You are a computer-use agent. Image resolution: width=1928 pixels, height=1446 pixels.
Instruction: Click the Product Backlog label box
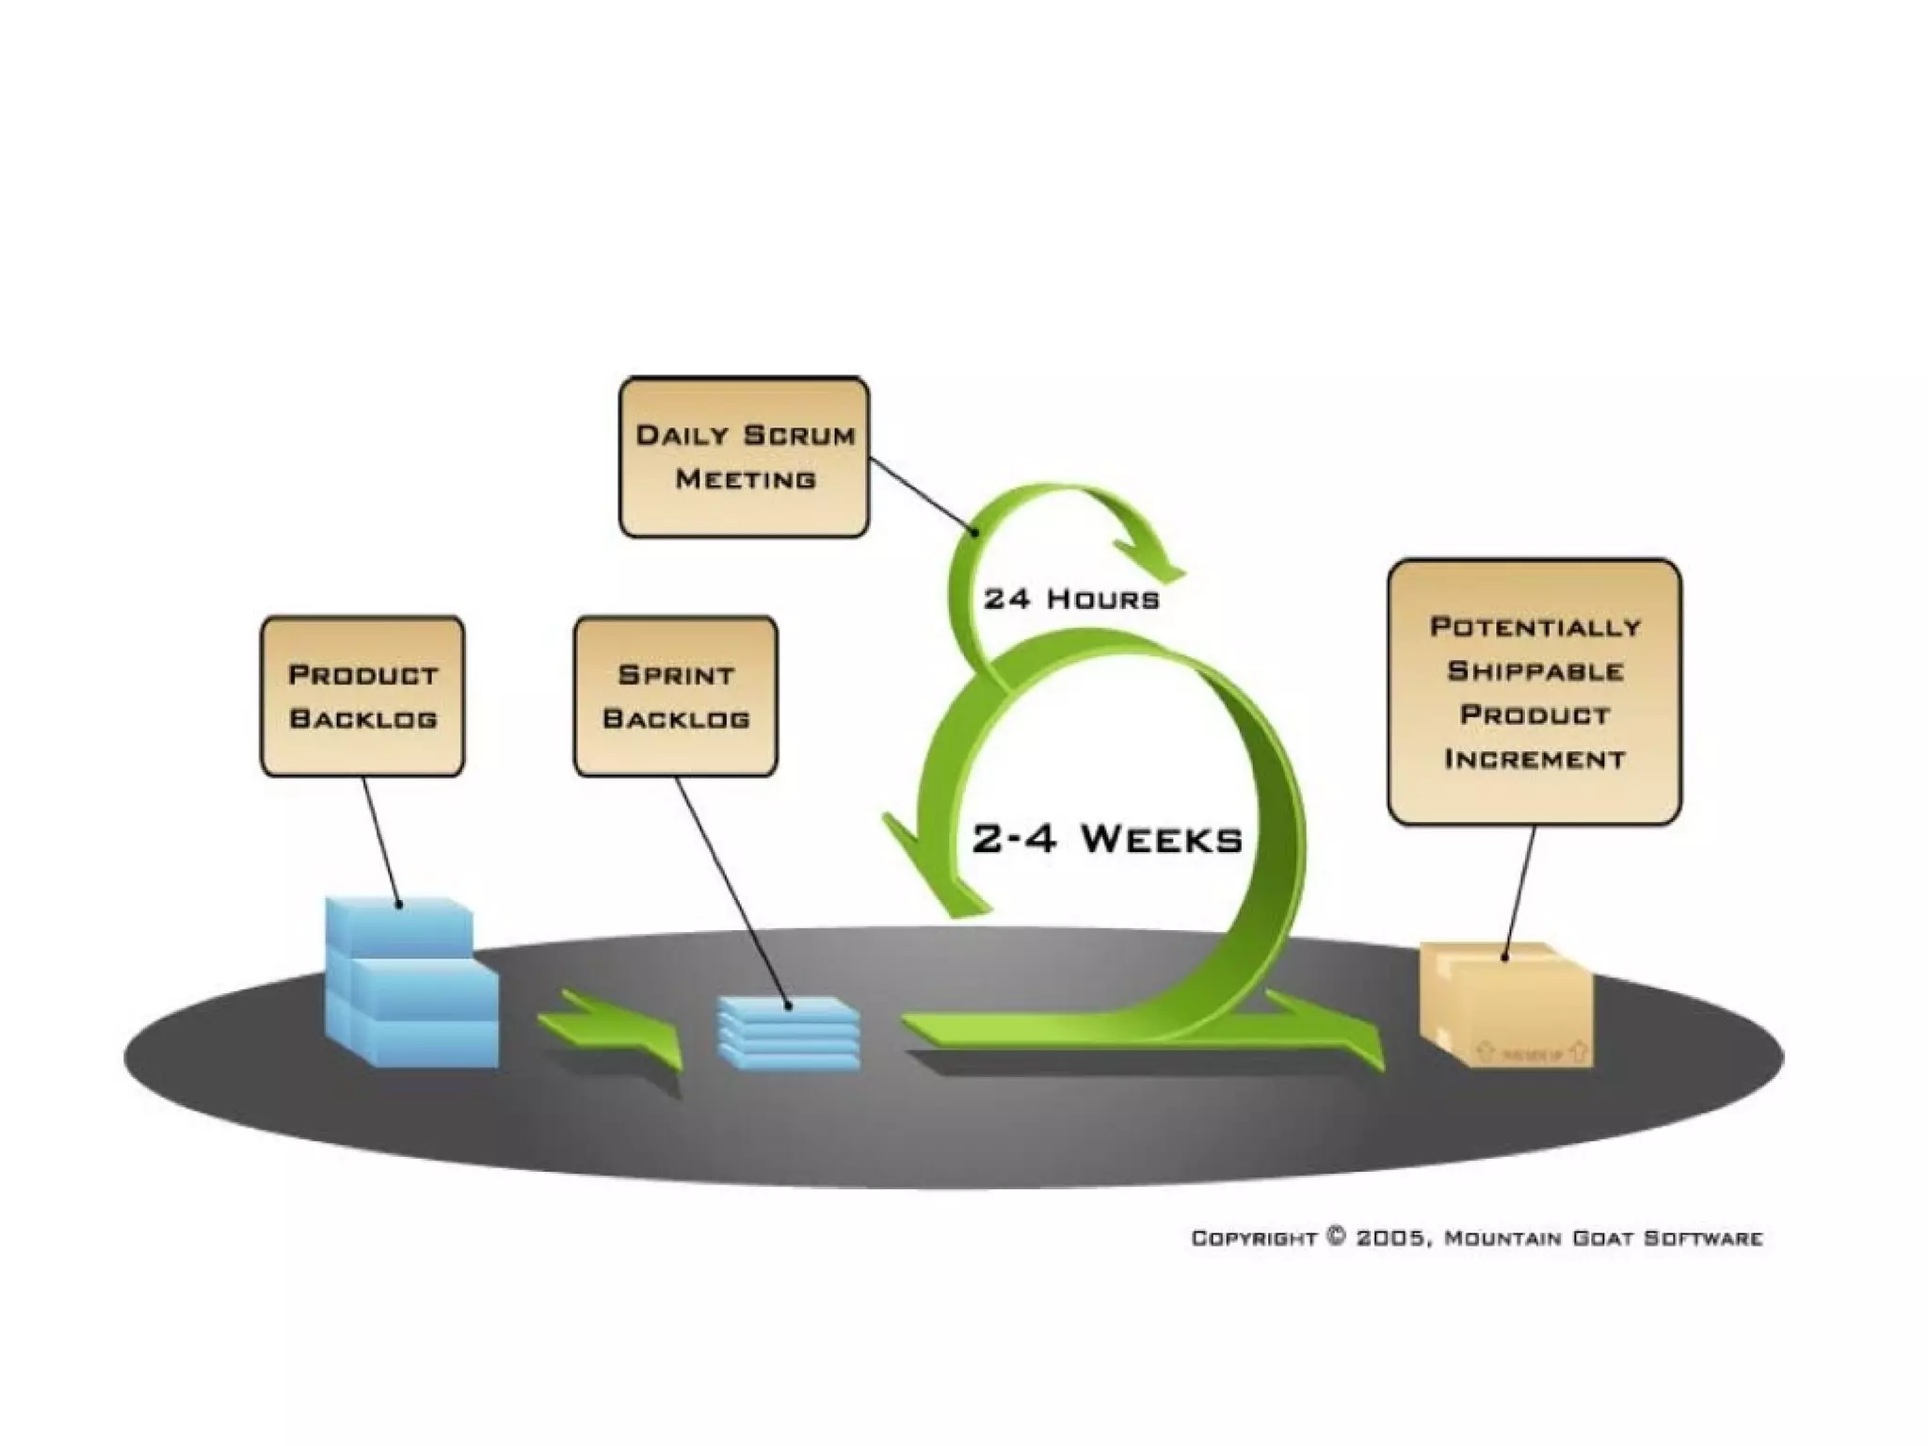(x=362, y=697)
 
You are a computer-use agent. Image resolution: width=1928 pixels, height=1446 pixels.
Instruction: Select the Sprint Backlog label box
(x=676, y=697)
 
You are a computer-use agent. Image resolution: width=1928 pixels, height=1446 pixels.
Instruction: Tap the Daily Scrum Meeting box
(x=744, y=458)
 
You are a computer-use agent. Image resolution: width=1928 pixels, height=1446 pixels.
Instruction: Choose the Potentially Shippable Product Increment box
(x=1534, y=693)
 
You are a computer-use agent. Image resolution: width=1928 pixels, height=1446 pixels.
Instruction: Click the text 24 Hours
(x=1071, y=599)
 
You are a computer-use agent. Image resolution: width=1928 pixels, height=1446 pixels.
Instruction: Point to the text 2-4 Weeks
(x=1107, y=838)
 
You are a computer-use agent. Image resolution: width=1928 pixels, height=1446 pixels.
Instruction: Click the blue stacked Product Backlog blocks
(x=410, y=984)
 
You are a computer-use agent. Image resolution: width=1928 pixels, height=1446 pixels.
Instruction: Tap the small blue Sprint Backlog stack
(x=789, y=1033)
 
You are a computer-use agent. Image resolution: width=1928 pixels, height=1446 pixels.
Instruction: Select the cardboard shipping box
(x=1504, y=1005)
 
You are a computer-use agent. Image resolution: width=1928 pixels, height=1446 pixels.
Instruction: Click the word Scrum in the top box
(x=799, y=435)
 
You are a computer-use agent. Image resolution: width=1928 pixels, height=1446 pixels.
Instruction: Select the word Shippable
(x=1534, y=671)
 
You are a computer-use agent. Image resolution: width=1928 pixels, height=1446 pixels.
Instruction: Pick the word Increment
(x=1534, y=759)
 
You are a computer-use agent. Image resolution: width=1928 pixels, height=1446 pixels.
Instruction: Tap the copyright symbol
(x=1336, y=1236)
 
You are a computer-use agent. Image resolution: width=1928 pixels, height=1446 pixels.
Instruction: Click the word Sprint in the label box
(x=676, y=675)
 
